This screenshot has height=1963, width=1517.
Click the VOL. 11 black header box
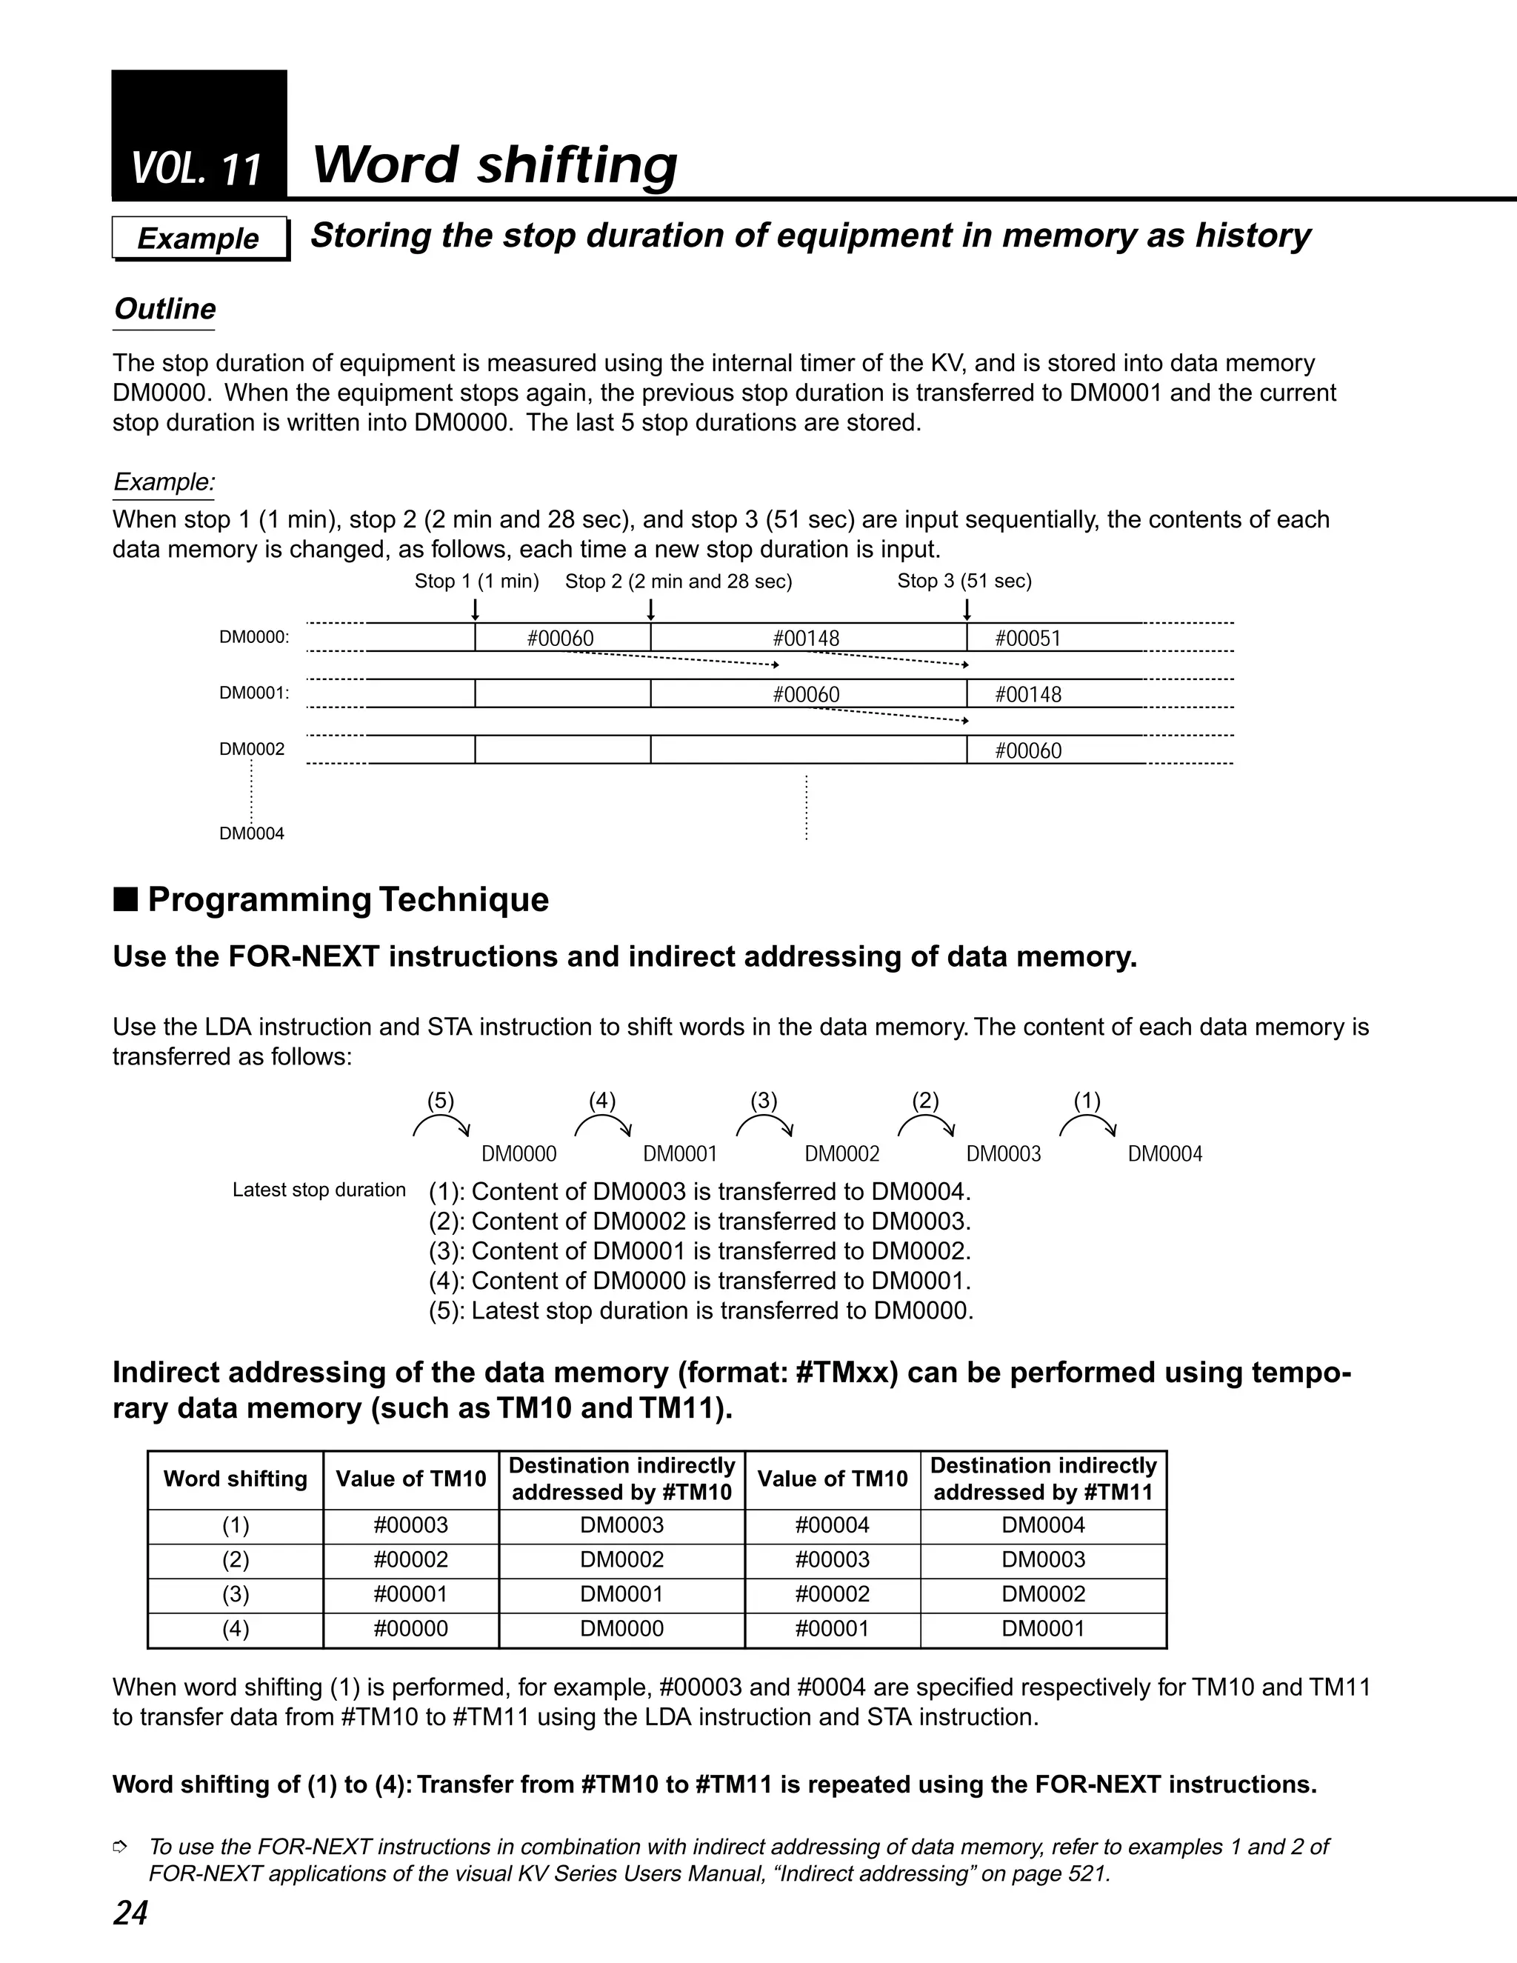click(x=199, y=135)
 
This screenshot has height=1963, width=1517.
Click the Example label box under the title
click(x=199, y=239)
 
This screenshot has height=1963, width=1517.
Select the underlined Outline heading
click(x=164, y=309)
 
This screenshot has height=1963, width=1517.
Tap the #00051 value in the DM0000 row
click(x=1028, y=638)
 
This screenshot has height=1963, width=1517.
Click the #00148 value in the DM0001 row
click(x=1028, y=694)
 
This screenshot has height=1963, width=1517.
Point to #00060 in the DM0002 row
click(x=1028, y=750)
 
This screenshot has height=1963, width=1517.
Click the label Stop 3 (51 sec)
click(x=964, y=581)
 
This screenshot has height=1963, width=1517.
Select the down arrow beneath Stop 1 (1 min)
click(x=476, y=610)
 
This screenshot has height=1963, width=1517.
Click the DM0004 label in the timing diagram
click(x=252, y=833)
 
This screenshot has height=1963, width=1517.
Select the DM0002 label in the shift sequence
click(x=842, y=1154)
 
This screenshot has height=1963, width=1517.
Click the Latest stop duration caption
click(x=319, y=1190)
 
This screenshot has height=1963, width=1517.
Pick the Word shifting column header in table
click(x=236, y=1479)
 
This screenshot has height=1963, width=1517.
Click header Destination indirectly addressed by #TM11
click(x=1044, y=1479)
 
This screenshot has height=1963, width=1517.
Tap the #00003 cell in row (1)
click(x=410, y=1525)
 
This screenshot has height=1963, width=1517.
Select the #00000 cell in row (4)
click(x=410, y=1629)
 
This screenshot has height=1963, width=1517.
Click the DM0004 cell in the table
click(x=1044, y=1525)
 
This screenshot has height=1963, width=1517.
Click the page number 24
click(x=130, y=1913)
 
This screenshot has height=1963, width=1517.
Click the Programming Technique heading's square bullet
click(x=126, y=899)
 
